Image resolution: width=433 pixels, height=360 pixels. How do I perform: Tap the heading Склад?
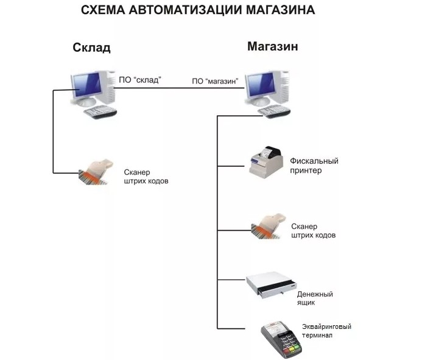pyautogui.click(x=91, y=48)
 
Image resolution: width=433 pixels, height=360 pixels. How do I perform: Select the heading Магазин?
pyautogui.click(x=272, y=47)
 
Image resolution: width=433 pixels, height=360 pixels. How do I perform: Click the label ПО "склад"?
pyautogui.click(x=139, y=80)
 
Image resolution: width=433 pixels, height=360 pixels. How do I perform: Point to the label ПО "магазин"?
pyautogui.click(x=215, y=81)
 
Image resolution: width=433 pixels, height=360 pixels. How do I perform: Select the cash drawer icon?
pyautogui.click(x=271, y=286)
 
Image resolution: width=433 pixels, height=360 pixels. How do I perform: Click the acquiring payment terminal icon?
pyautogui.click(x=282, y=337)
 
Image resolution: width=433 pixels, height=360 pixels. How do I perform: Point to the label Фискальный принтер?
pyautogui.click(x=314, y=166)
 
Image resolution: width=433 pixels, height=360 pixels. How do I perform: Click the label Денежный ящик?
pyautogui.click(x=315, y=298)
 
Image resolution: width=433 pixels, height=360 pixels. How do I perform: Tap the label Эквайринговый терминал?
pyautogui.click(x=326, y=331)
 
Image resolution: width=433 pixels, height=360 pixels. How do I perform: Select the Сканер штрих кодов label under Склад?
pyautogui.click(x=146, y=177)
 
